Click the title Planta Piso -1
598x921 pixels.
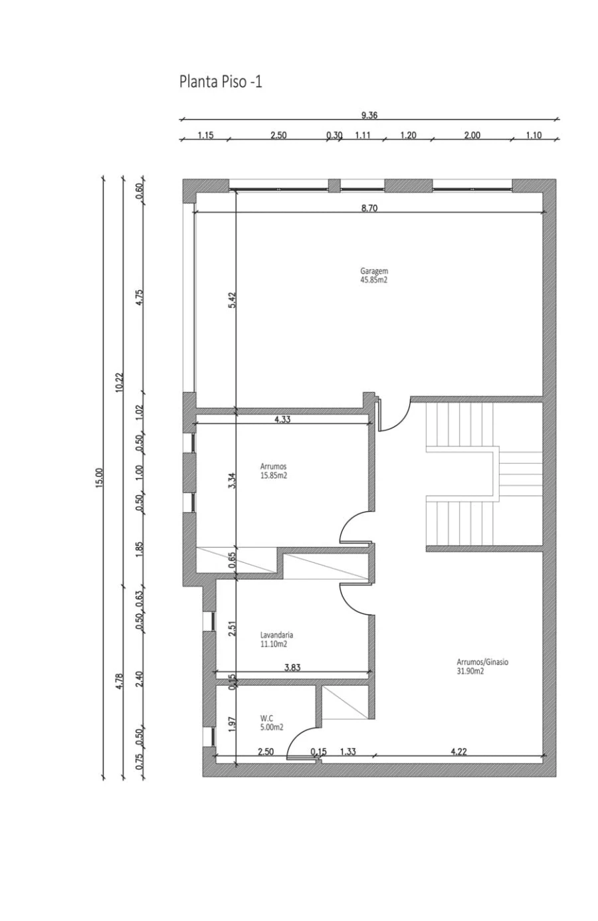(221, 82)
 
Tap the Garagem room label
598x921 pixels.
(374, 271)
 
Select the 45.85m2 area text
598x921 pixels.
(374, 280)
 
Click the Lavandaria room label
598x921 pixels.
(276, 635)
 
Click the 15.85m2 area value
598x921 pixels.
(273, 476)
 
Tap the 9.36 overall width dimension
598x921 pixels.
(369, 115)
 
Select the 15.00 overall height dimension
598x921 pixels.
(100, 478)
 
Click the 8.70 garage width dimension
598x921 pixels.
(369, 208)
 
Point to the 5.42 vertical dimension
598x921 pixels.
(232, 300)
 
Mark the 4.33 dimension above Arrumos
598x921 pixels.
(282, 419)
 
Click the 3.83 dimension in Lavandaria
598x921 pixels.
(292, 667)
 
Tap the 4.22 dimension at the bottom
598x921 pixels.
(458, 751)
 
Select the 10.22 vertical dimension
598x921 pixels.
(120, 382)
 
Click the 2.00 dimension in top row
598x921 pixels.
(472, 135)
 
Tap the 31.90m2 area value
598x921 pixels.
(470, 671)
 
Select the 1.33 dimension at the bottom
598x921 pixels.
(348, 751)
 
